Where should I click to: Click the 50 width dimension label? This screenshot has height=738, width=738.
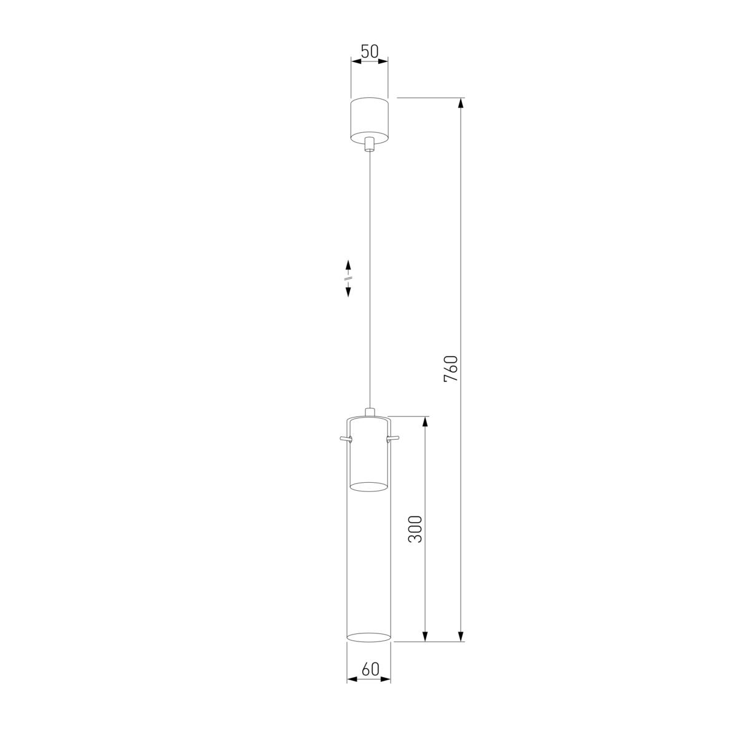pos(370,52)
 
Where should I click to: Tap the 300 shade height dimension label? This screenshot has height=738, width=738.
pos(416,529)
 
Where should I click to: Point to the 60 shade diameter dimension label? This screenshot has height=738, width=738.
pos(370,669)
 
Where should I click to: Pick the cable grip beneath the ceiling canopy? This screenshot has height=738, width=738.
pos(369,145)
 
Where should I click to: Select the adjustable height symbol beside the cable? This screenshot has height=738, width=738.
pos(348,278)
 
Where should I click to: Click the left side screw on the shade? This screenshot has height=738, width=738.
pos(344,438)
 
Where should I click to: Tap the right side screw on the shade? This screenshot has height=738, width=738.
pos(394,438)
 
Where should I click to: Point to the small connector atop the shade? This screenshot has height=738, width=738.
pos(369,411)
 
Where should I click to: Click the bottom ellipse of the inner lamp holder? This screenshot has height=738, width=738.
pos(369,487)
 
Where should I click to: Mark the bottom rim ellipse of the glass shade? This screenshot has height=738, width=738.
pos(369,636)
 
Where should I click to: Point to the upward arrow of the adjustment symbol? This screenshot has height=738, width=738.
pos(348,265)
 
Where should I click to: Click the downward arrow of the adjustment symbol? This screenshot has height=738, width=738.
pos(348,292)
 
